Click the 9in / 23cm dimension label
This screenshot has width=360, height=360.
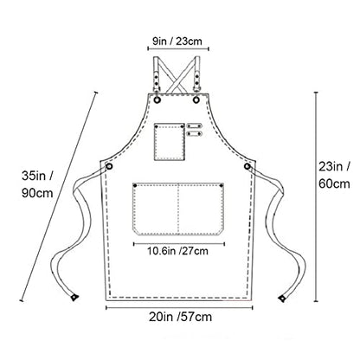[177, 42]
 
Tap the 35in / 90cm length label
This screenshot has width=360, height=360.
[37, 184]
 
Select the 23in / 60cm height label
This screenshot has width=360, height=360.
[334, 175]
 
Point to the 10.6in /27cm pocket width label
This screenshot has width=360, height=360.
[178, 251]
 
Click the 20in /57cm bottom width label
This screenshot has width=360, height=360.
[181, 317]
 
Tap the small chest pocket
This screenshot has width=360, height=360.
[170, 142]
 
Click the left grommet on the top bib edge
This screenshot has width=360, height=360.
[157, 100]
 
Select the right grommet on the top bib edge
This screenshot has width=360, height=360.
[196, 100]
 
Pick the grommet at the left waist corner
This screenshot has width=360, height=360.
[110, 166]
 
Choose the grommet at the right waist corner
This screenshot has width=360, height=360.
[247, 166]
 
